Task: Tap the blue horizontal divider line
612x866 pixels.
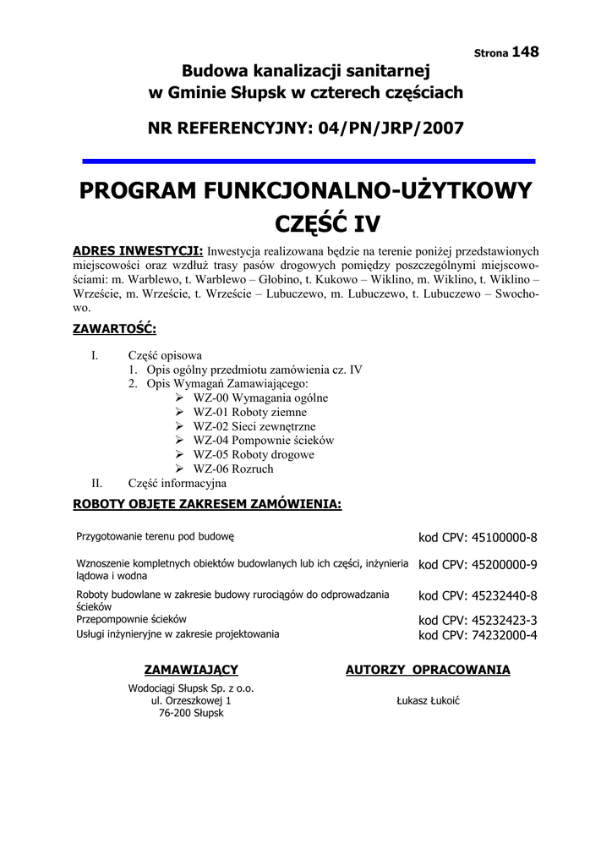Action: [309, 160]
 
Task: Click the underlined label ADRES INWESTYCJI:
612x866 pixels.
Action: [138, 251]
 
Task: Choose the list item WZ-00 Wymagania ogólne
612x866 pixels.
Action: [260, 397]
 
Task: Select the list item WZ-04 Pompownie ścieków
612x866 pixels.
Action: [264, 441]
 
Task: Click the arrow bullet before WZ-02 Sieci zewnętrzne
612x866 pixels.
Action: [180, 426]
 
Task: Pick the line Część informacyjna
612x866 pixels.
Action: [178, 484]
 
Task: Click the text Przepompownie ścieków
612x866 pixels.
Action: [131, 619]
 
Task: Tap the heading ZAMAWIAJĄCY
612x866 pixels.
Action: [191, 670]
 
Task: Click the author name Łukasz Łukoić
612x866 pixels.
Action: [428, 701]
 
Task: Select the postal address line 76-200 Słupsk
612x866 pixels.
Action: [191, 713]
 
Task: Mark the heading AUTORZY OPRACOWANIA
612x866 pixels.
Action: [428, 670]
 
